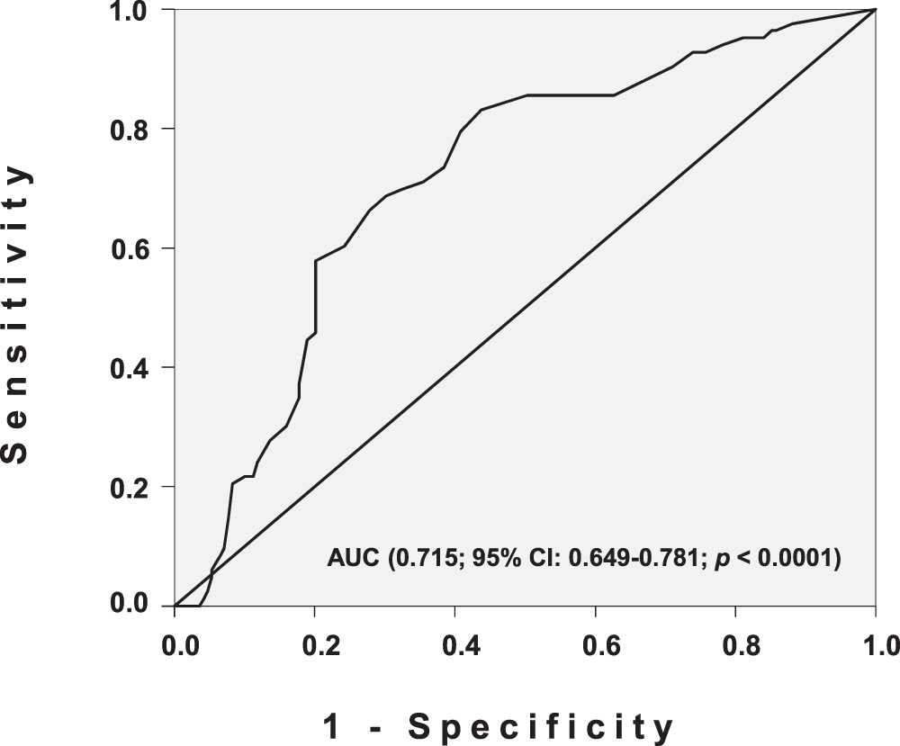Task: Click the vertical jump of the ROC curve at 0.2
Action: pyautogui.click(x=315, y=297)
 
